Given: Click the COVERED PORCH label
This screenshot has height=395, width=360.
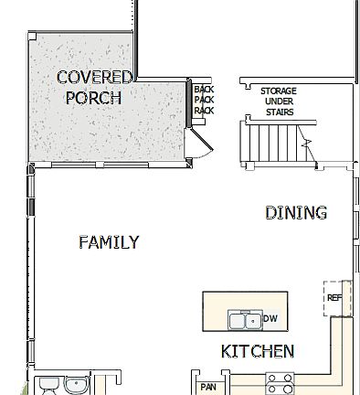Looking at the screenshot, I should click(94, 87).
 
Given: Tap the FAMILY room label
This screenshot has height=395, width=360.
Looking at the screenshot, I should click(109, 242).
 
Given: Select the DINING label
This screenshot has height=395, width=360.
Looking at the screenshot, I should click(295, 213).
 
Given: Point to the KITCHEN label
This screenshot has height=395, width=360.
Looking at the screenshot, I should click(258, 351).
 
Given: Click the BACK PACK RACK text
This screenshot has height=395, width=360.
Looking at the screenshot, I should click(203, 100).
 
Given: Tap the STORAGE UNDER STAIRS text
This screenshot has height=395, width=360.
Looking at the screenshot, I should click(278, 101).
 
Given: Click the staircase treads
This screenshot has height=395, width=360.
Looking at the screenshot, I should click(271, 142).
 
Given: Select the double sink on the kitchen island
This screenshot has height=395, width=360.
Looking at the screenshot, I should click(243, 319).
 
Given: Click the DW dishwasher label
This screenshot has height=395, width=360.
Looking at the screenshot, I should click(270, 318).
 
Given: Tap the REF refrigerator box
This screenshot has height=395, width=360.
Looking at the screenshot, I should click(334, 298).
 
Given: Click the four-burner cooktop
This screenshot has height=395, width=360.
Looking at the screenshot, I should click(279, 383).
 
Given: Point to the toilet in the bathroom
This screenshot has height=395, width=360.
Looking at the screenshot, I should click(47, 385).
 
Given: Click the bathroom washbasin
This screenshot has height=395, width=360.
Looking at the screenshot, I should click(77, 384).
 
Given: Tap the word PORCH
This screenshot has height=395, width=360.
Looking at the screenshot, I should click(93, 97).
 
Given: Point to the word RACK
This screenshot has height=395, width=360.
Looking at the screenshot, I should click(203, 111).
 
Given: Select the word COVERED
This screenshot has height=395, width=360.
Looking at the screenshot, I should click(94, 77).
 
